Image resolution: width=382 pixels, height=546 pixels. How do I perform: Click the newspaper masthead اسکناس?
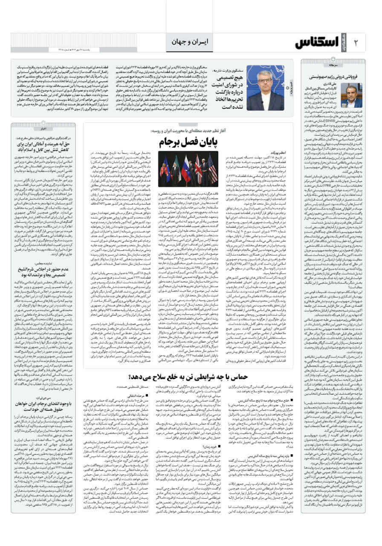point(318,42)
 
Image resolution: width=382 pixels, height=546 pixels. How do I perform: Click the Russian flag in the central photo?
point(186,164)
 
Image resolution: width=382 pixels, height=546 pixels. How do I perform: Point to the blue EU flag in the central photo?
point(165,164)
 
